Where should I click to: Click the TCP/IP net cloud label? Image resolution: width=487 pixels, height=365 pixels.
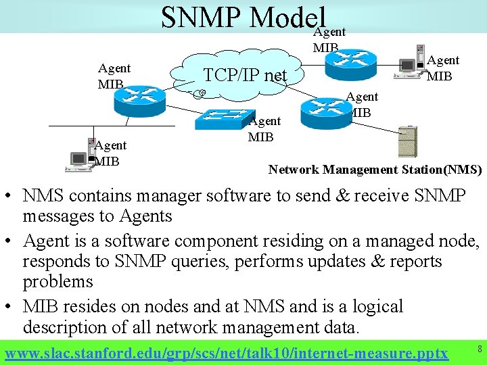[x=245, y=75]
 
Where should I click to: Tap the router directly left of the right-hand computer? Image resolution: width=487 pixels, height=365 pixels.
[x=356, y=59]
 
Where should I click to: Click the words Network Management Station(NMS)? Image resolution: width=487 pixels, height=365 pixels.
[x=375, y=170]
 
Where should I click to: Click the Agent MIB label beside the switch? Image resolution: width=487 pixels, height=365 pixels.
[x=264, y=128]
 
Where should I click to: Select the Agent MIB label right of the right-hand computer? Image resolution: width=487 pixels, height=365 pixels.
[x=443, y=68]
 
